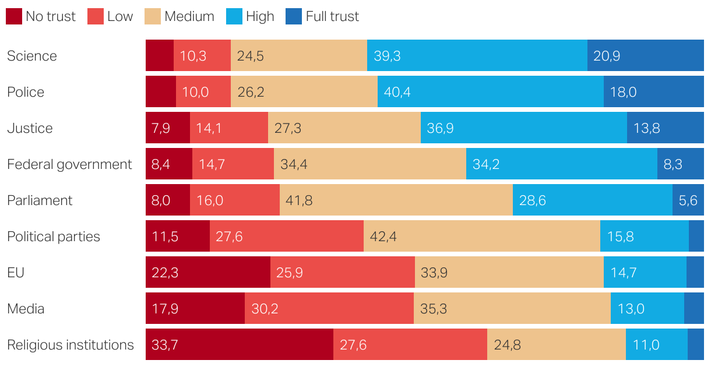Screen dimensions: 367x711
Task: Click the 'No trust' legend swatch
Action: click(x=14, y=16)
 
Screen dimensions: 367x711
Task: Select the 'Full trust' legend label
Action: click(x=332, y=16)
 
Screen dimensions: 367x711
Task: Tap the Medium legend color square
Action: click(x=153, y=16)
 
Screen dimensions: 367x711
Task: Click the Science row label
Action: click(x=32, y=56)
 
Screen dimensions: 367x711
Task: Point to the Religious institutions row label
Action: click(x=71, y=345)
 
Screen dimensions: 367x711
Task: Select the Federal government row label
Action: click(x=69, y=164)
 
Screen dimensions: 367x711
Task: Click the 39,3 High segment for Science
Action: click(x=477, y=56)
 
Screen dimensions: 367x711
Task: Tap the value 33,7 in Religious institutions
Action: click(x=164, y=345)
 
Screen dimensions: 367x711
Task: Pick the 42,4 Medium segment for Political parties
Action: click(x=481, y=237)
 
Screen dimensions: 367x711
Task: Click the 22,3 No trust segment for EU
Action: click(x=207, y=273)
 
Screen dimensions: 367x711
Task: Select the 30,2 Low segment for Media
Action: click(x=329, y=309)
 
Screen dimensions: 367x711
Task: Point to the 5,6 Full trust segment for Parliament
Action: click(x=688, y=200)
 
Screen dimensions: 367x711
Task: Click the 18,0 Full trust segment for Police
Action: click(x=653, y=92)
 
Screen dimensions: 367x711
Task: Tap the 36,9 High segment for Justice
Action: click(x=523, y=128)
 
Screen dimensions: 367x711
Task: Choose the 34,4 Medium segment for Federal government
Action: click(x=369, y=164)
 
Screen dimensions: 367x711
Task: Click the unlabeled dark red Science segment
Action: click(x=159, y=56)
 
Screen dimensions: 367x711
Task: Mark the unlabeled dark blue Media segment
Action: click(x=694, y=309)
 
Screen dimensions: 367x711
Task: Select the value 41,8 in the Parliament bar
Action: click(x=299, y=200)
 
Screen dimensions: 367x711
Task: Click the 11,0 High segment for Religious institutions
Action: click(x=656, y=345)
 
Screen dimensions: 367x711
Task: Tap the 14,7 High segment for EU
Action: click(x=645, y=273)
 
